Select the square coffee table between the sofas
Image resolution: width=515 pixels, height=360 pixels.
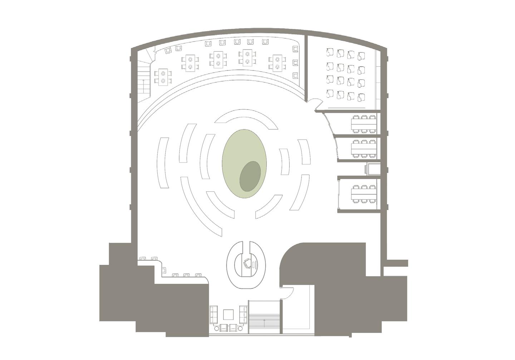click(229, 315)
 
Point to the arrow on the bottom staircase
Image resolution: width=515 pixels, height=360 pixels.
click(264, 322)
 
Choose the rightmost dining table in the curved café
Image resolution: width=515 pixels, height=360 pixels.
click(277, 63)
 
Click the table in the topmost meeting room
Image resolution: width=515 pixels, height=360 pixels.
click(364, 123)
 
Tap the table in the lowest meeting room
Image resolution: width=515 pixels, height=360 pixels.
click(364, 194)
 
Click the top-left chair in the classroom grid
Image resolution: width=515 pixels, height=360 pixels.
click(330, 53)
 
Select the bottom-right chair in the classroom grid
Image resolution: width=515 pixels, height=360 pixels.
click(362, 96)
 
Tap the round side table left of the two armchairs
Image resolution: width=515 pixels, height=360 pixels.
click(216, 328)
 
